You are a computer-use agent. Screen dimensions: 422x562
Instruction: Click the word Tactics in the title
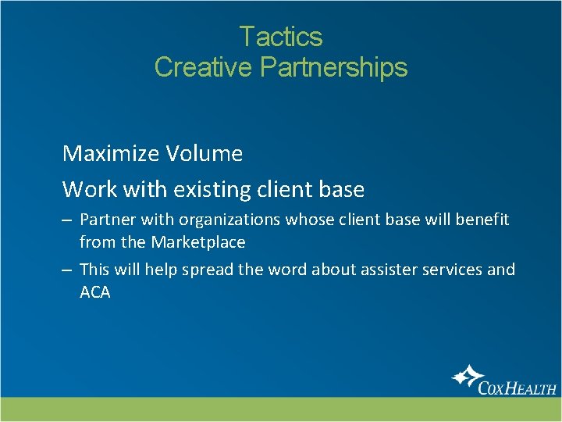(x=280, y=37)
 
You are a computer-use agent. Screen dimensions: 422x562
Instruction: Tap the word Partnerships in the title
(x=333, y=68)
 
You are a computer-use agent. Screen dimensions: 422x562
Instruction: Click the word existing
(x=203, y=189)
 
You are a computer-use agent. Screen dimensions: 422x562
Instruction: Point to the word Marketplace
(x=198, y=242)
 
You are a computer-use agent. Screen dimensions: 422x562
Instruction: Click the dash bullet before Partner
(x=68, y=220)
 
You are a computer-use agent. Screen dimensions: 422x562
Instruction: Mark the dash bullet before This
(x=68, y=270)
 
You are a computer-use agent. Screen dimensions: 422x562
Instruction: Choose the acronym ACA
(x=95, y=293)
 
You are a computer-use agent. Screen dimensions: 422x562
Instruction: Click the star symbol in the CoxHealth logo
(x=466, y=377)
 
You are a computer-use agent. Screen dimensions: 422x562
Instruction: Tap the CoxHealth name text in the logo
(x=518, y=387)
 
